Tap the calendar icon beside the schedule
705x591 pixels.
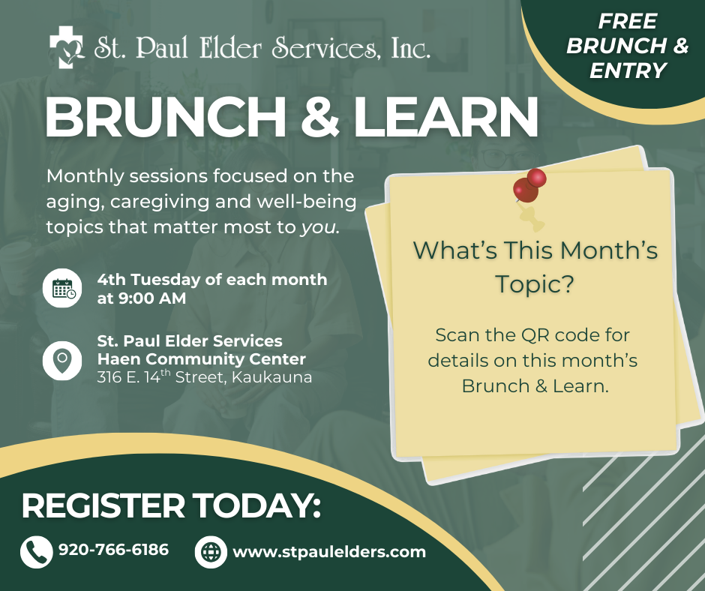pos(62,289)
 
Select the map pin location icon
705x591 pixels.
pos(62,359)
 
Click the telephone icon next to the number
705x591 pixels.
pos(36,552)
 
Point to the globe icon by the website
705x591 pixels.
pos(211,552)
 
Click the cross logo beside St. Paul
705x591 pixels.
pos(67,46)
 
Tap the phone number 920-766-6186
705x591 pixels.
pos(113,550)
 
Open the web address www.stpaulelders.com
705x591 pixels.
pos(329,552)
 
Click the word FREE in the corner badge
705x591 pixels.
pos(627,21)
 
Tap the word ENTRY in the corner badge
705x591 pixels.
pos(628,70)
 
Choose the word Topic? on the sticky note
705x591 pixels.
pos(535,284)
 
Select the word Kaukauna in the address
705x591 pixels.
pos(272,377)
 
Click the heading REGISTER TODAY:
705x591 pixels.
pos(171,506)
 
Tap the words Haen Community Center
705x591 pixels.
pos(201,359)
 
